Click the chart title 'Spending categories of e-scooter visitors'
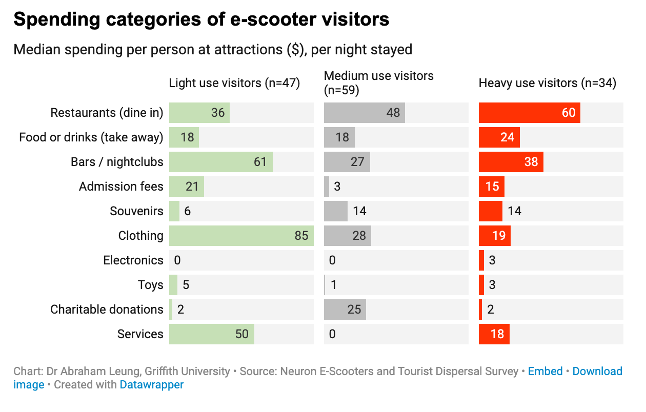coord(201,19)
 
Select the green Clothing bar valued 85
coord(241,236)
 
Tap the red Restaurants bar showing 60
coord(529,113)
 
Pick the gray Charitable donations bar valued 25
coord(345,310)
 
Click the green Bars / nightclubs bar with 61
coord(220,162)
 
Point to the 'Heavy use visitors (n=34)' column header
coord(547,83)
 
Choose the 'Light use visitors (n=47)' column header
coord(234,83)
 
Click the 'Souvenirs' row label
coord(136,211)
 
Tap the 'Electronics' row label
coord(133,260)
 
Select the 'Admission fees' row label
coord(121,187)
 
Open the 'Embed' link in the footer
coord(545,372)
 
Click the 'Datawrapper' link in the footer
coord(151,384)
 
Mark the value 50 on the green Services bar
coord(241,334)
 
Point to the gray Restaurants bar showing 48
coord(364,113)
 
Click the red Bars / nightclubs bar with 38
coord(511,162)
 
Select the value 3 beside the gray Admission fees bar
coord(337,187)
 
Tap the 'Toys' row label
coord(150,285)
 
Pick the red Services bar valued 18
coord(494,334)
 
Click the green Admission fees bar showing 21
coord(186,187)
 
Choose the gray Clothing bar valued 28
coord(347,236)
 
